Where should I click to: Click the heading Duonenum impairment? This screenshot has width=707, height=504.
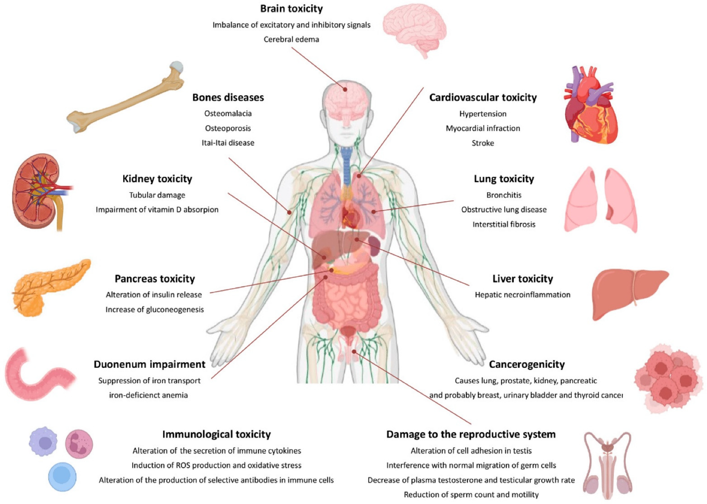click(x=149, y=364)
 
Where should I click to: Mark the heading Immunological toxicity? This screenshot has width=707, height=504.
click(x=216, y=434)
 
